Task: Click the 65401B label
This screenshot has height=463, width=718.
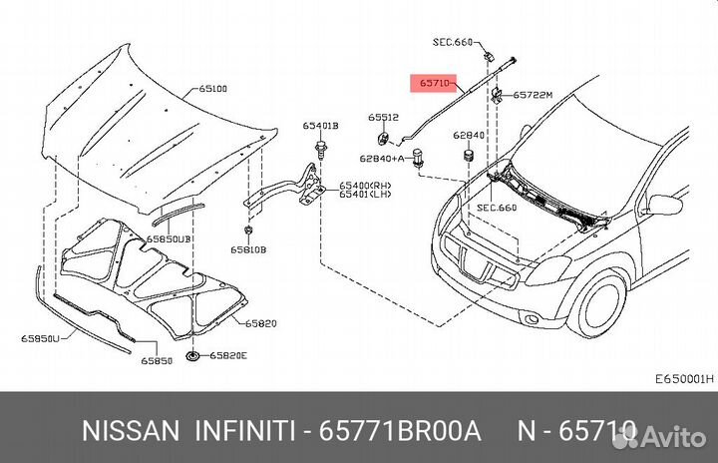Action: tap(321, 126)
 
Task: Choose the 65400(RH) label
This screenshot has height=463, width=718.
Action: tap(366, 185)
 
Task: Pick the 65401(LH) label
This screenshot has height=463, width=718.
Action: tap(366, 195)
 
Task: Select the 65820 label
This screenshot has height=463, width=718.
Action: tap(262, 323)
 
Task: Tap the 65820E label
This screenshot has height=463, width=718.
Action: tap(229, 356)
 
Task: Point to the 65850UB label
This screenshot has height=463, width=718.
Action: tap(169, 239)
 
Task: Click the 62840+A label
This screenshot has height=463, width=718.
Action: tap(381, 158)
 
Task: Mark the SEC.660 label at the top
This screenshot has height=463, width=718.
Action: tap(453, 42)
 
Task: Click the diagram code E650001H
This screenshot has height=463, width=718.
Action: tap(683, 379)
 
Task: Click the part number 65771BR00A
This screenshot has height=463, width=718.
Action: tap(399, 430)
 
